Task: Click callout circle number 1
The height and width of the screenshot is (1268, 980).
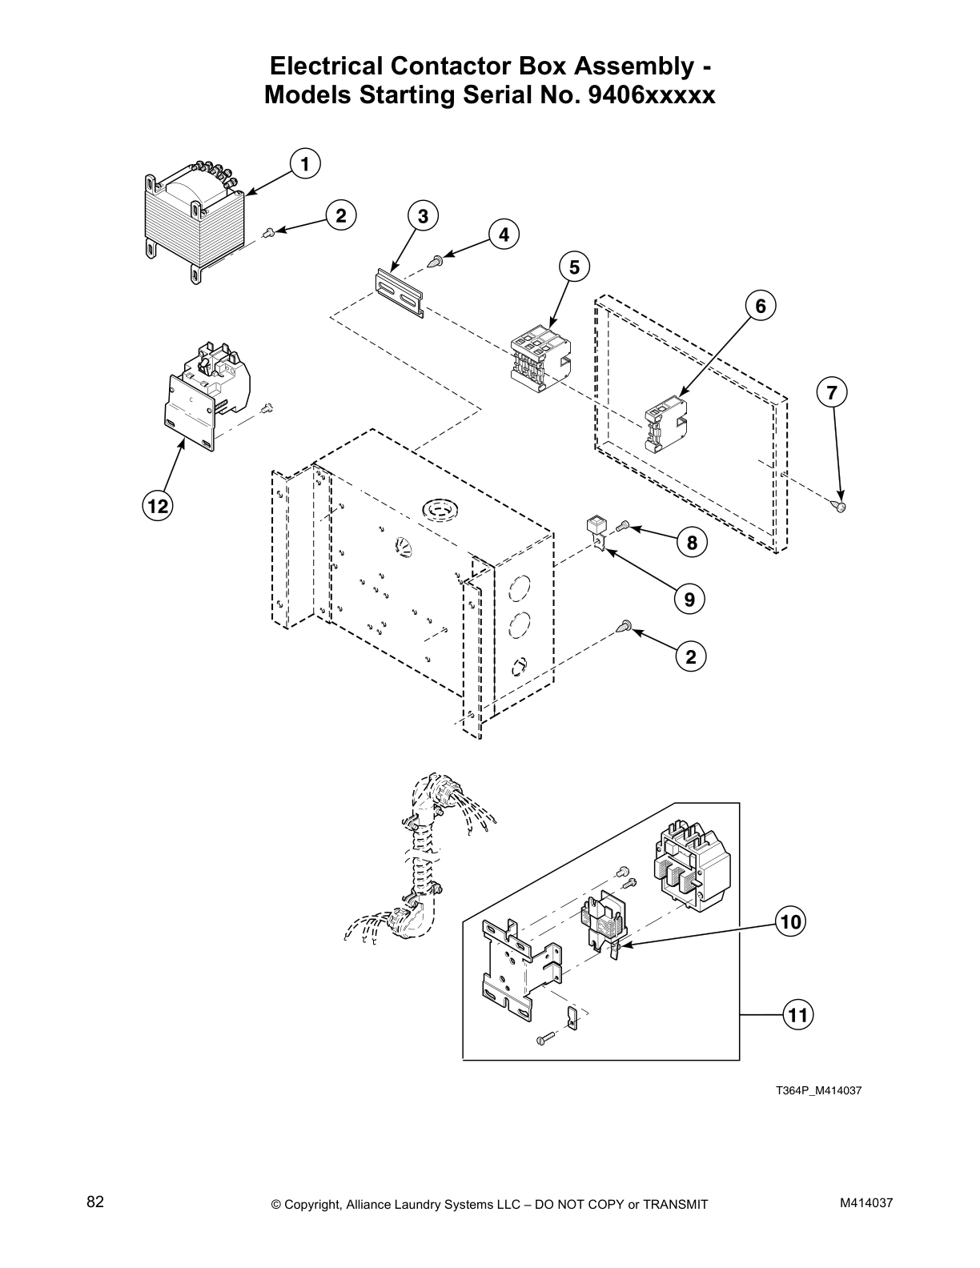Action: point(304,164)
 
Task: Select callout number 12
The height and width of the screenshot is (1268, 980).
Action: point(158,505)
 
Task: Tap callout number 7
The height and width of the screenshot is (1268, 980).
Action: point(832,393)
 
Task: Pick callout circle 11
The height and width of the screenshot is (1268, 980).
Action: point(797,1015)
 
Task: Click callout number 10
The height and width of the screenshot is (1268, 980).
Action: point(790,921)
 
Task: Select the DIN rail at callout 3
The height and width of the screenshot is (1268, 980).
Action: point(399,292)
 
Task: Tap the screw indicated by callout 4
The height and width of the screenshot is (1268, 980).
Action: point(436,259)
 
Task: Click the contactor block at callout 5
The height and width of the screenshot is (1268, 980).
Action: point(542,357)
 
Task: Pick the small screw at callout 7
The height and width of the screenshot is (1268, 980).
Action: point(840,506)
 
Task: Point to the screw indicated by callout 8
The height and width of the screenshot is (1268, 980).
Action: point(625,526)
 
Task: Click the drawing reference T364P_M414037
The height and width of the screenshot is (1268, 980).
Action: point(817,1090)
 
